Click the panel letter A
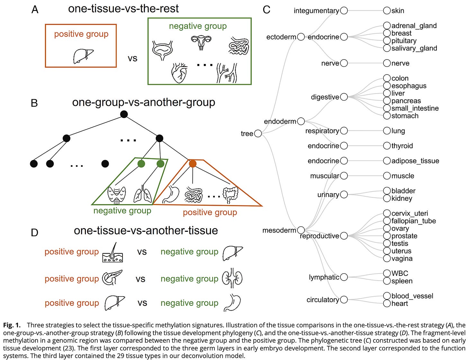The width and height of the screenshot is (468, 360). coord(35,10)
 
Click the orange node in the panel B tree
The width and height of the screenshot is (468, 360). coord(193,164)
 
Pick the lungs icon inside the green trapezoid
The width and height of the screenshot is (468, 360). coord(143,194)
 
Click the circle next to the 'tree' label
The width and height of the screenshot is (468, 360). coord(258,134)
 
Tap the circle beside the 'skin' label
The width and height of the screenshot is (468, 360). coord(387,11)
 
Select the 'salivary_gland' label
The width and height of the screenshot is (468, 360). coord(414,48)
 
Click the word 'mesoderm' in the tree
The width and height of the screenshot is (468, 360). coord(279,230)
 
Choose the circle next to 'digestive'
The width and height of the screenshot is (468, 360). coord(344,97)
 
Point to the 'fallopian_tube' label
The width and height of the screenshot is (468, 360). coord(413,221)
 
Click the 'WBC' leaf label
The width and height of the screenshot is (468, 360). coord(400,273)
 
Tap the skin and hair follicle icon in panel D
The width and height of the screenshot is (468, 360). coord(113,253)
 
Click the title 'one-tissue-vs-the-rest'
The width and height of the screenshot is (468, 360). coord(123,9)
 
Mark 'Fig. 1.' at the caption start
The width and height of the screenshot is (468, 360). coord(12,325)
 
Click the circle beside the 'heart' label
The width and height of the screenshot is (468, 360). coord(387,303)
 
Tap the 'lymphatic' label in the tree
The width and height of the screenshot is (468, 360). coord(324,277)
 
